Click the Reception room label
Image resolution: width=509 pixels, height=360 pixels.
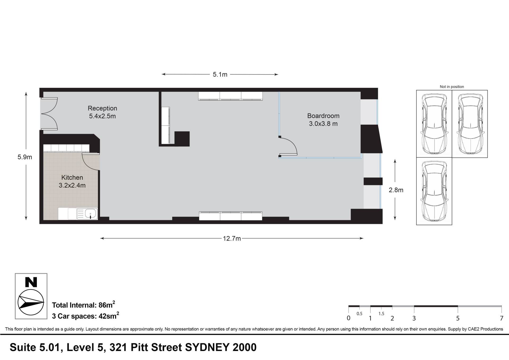coord(102,108)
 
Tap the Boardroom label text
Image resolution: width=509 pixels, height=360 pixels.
coord(323,116)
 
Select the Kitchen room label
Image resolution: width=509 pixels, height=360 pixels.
coord(72,177)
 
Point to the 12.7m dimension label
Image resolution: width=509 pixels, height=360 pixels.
coord(232,238)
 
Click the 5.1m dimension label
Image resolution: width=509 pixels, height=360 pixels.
coord(220,75)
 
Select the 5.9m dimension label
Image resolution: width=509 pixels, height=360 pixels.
coord(25,157)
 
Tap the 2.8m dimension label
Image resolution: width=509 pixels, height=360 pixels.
coord(396,190)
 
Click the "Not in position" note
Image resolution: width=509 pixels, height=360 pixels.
coord(452,87)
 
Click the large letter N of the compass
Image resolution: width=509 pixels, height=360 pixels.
coord(31,282)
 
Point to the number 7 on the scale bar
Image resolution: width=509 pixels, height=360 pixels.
coord(501,318)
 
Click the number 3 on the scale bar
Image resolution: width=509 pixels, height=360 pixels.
coord(414,318)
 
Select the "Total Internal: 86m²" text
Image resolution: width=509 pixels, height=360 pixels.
coord(84,305)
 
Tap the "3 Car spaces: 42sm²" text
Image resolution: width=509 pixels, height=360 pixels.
coord(85,315)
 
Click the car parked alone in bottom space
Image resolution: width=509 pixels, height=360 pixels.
coord(434,191)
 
